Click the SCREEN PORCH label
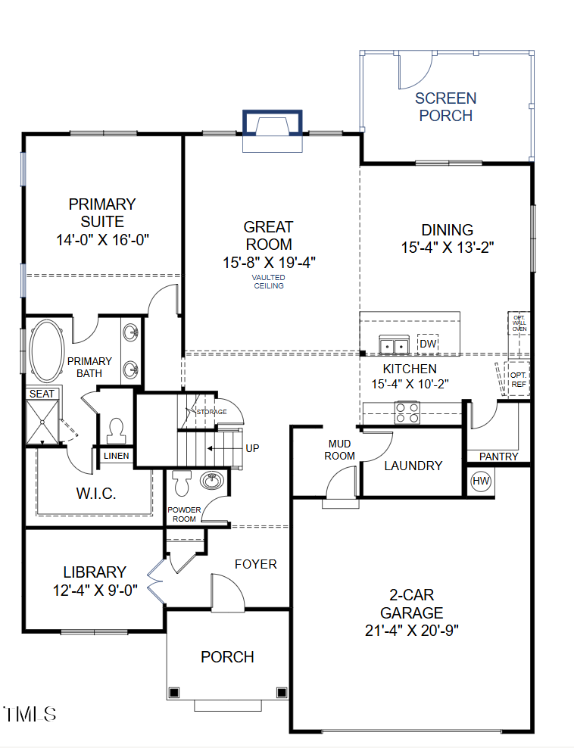445,107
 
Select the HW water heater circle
481,481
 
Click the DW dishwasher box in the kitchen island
428,344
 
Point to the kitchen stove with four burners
407,413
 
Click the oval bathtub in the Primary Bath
47,351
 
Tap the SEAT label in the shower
42,394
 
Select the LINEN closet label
117,456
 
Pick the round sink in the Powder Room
211,480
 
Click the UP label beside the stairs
252,448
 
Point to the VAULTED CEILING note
268,282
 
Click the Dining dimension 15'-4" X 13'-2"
448,248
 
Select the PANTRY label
499,457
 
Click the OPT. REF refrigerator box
518,379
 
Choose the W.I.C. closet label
95,494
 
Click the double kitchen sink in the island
394,346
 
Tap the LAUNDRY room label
413,466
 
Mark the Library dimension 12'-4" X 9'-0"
95,591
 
